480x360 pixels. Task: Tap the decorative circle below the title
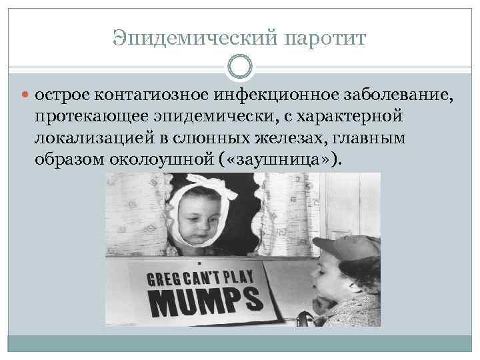pyautogui.click(x=240, y=67)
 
